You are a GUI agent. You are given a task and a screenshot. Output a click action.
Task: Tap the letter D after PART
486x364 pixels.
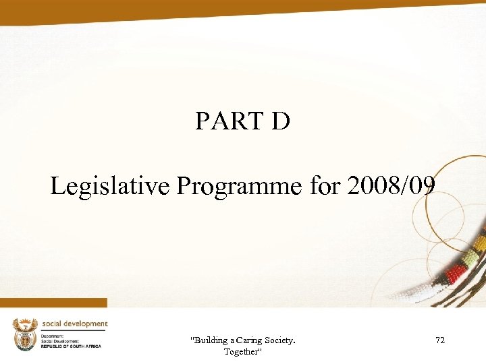click(281, 121)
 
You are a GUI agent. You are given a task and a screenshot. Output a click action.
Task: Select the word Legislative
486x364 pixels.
click(111, 185)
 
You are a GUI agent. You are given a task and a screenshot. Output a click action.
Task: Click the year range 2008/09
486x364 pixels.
click(390, 185)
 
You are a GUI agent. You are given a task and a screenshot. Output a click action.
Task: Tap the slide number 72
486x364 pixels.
click(440, 341)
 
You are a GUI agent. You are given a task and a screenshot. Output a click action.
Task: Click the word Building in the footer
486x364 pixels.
click(211, 341)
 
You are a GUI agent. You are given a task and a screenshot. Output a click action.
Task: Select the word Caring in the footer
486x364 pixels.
click(257, 341)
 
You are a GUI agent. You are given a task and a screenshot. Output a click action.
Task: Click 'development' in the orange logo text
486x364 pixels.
click(86, 324)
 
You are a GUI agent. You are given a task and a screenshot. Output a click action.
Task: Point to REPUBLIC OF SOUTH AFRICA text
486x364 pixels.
click(71, 346)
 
